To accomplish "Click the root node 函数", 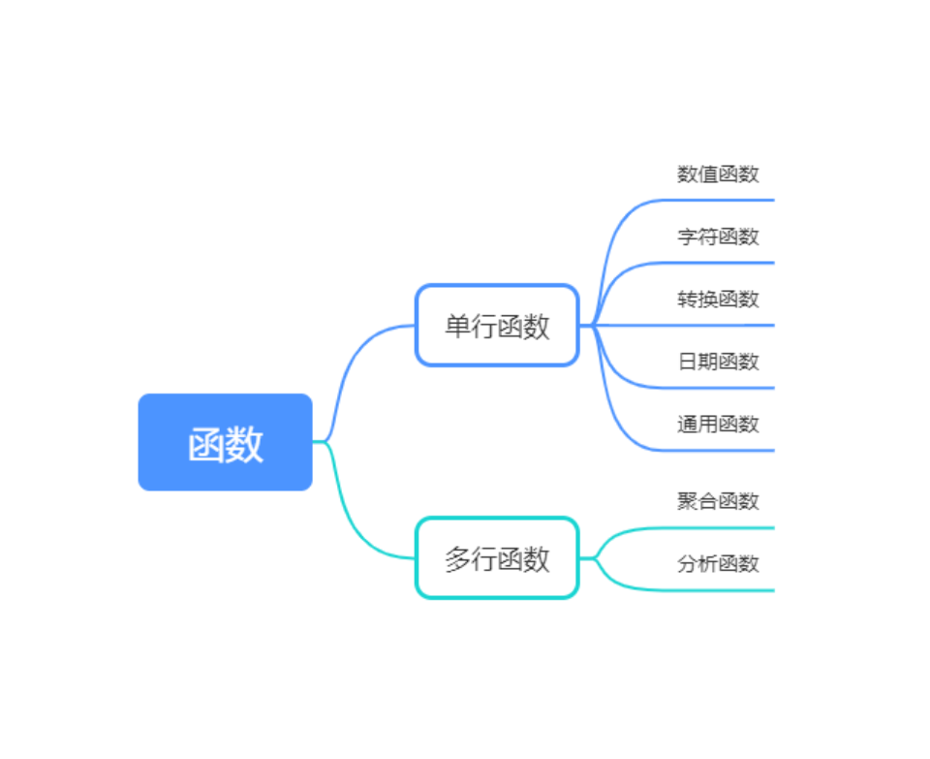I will tap(225, 442).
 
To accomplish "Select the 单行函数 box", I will tap(497, 326).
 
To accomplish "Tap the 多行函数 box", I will tap(497, 558).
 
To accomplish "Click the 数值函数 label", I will tap(718, 174).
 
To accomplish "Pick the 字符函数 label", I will tap(718, 237).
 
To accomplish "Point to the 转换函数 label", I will tap(718, 299).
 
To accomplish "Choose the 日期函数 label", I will tap(718, 362).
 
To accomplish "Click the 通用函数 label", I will tap(718, 424).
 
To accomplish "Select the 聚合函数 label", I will tap(718, 501).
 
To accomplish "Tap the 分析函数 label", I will tap(718, 563).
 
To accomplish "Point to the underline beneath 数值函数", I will tap(717, 200).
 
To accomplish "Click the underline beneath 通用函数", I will tap(717, 450).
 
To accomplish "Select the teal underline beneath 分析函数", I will tap(717, 589).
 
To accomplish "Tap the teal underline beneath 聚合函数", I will tap(717, 527).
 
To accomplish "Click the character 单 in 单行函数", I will tap(457, 327).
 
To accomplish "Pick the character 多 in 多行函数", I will tap(457, 559).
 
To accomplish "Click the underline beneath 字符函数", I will tap(717, 263).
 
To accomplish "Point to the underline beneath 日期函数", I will tap(717, 388).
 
